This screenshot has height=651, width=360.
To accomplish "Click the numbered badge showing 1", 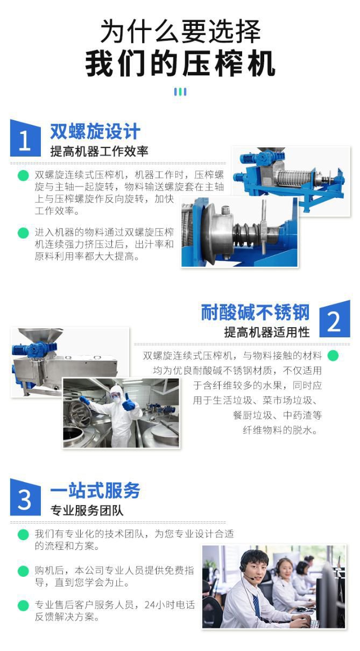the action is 25,138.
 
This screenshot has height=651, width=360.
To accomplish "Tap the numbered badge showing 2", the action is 335,319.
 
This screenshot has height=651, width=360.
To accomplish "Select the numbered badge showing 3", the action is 25,498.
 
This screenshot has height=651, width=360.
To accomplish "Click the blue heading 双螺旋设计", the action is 95,131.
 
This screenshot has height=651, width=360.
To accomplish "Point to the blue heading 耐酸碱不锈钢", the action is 255,313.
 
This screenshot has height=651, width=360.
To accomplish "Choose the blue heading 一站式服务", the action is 95,491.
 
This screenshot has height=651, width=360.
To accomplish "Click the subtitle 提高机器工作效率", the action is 99,151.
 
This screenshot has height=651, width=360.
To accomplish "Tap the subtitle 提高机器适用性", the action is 267,332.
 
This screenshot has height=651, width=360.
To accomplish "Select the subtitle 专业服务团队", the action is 87,511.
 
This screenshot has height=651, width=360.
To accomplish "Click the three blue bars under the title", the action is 180,92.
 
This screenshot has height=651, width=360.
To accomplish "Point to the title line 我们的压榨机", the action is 180,63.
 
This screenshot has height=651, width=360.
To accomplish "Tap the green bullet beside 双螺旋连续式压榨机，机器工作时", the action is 23,175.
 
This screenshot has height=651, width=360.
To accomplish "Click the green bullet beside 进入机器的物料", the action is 23,233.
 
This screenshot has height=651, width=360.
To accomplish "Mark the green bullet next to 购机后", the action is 23,571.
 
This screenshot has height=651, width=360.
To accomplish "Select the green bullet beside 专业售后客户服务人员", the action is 23,605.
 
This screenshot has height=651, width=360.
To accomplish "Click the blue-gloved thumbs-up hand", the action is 129,402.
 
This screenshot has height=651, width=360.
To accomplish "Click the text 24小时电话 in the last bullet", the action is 170,605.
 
